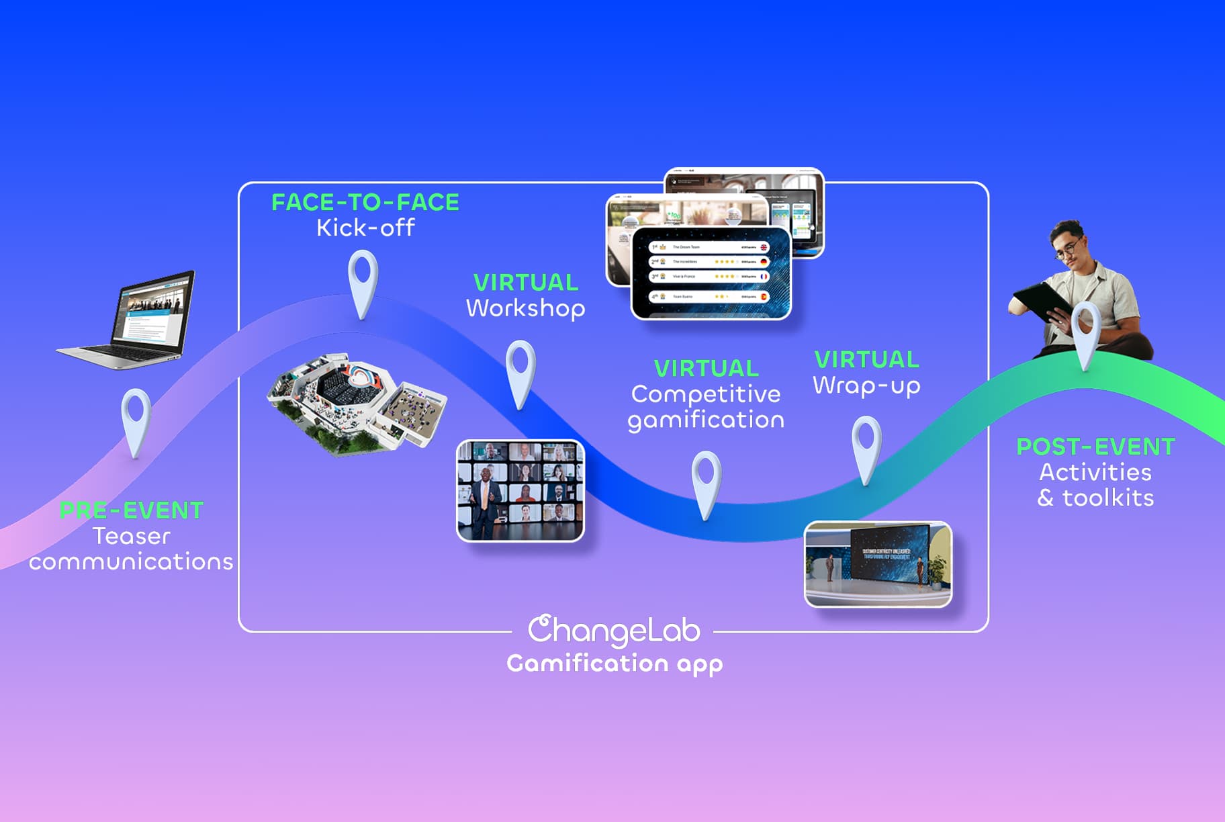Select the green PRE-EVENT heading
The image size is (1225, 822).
[x=132, y=510]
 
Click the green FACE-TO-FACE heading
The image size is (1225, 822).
[x=365, y=202]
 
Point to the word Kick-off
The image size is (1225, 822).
[x=365, y=228]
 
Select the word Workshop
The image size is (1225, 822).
[x=525, y=308]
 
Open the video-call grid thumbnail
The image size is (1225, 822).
[x=520, y=490]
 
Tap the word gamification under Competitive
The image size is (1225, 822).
[x=706, y=420]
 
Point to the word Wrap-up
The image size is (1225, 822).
[x=866, y=386]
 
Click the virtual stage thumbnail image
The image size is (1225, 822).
[x=878, y=564]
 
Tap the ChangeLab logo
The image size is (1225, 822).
[x=614, y=630]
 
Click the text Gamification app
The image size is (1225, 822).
[x=615, y=664]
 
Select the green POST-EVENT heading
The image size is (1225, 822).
[x=1095, y=447]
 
